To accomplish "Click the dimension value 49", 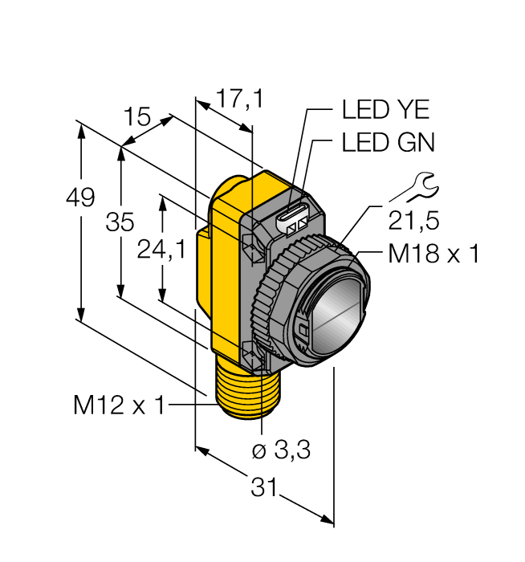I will [81, 198].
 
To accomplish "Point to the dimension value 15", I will [137, 117].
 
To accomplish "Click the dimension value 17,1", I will [239, 100].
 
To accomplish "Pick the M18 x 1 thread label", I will [433, 255].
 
